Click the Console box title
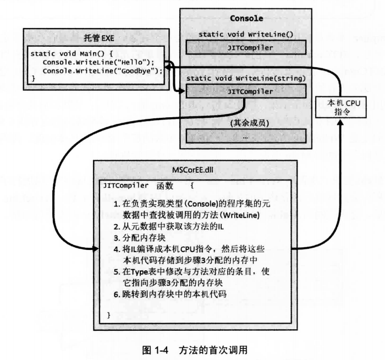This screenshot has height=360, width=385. [x=246, y=19]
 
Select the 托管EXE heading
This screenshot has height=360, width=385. [x=97, y=39]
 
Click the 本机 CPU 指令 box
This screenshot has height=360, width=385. [x=342, y=107]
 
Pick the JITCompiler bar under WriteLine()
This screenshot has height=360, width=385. [x=246, y=48]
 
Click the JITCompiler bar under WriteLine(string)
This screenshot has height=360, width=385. [x=246, y=91]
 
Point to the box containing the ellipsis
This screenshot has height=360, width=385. [x=246, y=135]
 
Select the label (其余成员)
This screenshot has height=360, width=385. [x=246, y=122]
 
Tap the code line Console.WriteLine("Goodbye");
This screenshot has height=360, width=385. [x=103, y=71]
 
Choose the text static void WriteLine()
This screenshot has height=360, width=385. [x=246, y=35]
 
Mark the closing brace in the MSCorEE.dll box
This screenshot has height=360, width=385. [x=109, y=314]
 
